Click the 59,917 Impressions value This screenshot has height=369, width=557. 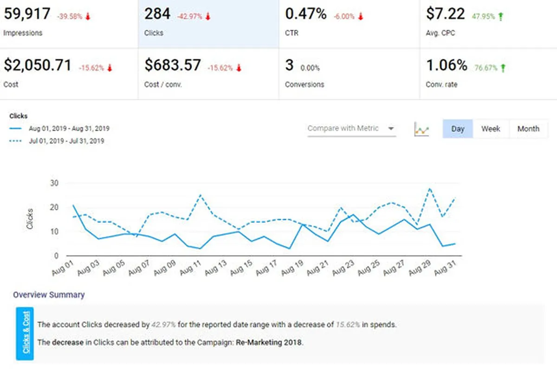pos(27,14)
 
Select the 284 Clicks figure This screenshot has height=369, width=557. pos(157,14)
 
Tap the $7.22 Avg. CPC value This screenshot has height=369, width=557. pos(445,14)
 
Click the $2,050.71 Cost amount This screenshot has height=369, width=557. pos(38,65)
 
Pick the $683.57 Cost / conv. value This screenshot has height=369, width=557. pos(173,65)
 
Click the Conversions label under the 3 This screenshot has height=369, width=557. pos(304,84)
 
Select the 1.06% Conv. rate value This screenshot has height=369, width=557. pos(447,65)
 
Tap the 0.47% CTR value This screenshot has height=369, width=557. pos(306,14)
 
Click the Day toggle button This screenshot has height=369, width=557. pos(458,129)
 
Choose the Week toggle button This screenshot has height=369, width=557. pos(491,129)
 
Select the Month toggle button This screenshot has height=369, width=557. pos(528,129)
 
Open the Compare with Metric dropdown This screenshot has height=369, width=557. pos(351,129)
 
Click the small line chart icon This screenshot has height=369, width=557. pos(421,129)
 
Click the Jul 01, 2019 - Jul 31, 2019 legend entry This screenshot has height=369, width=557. pos(66,141)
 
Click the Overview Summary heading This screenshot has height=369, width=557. pos(49,295)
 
